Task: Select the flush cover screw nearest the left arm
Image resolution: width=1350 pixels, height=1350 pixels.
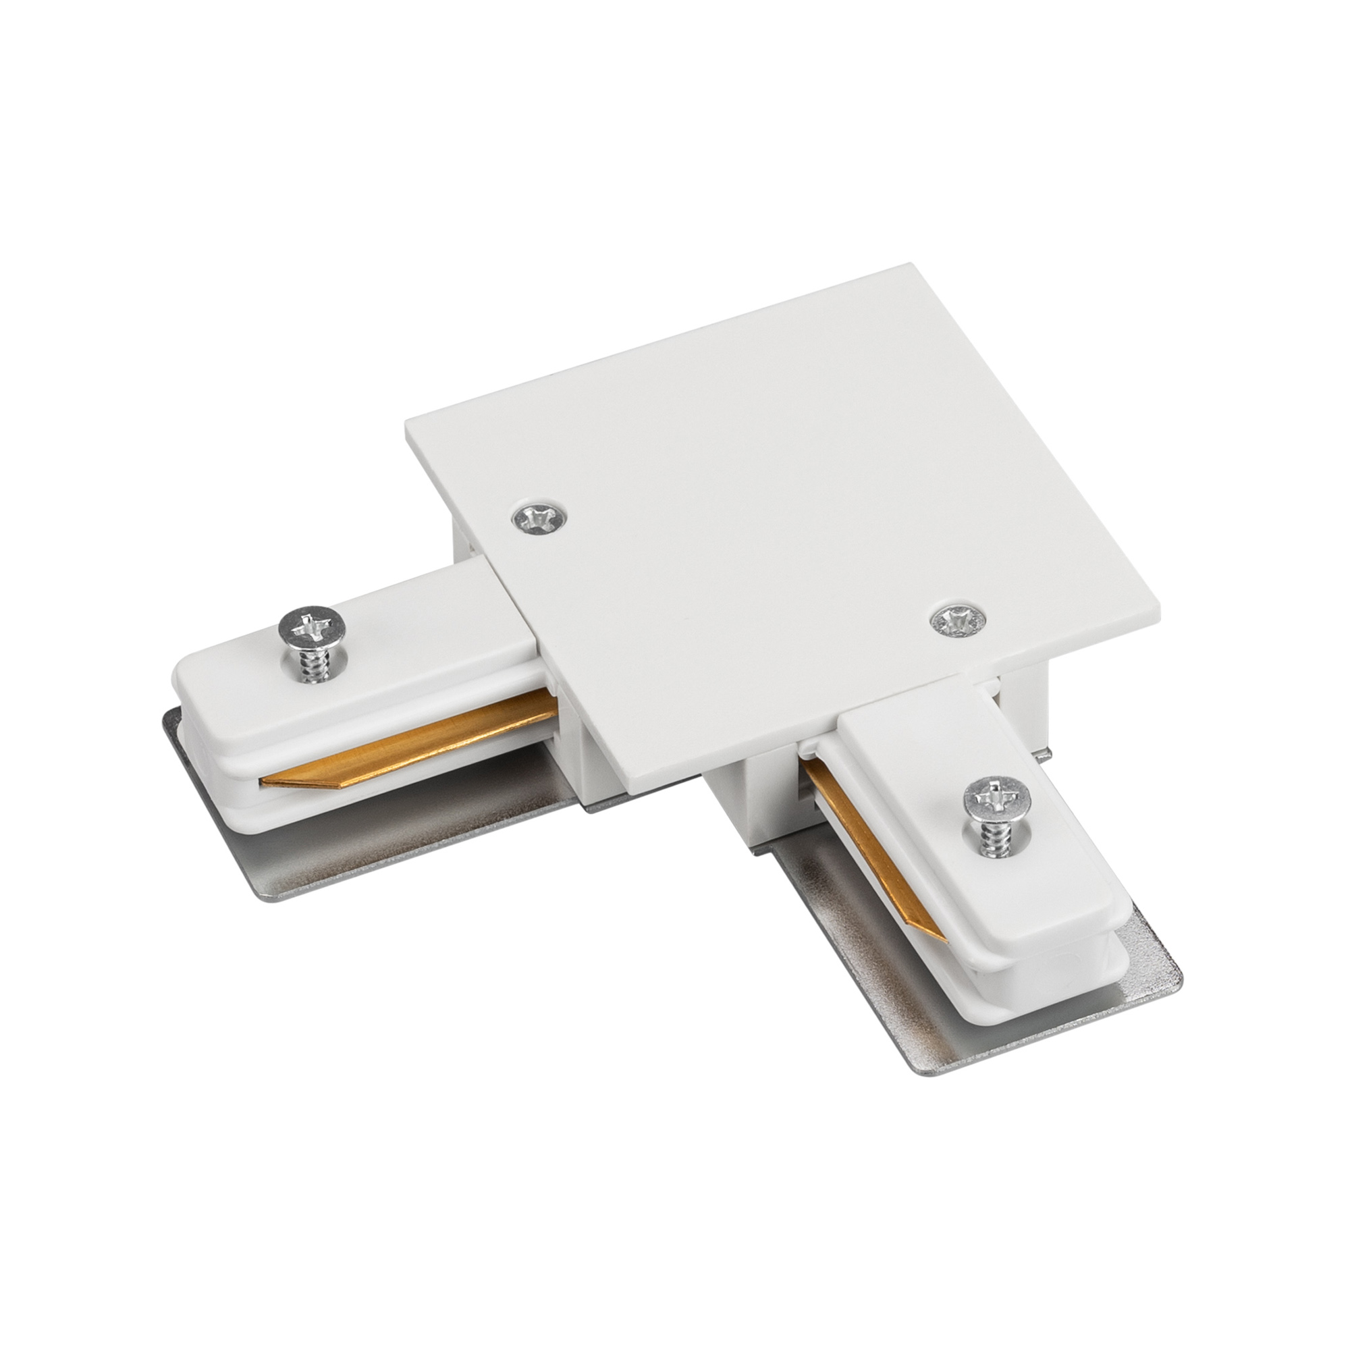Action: tap(539, 516)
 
